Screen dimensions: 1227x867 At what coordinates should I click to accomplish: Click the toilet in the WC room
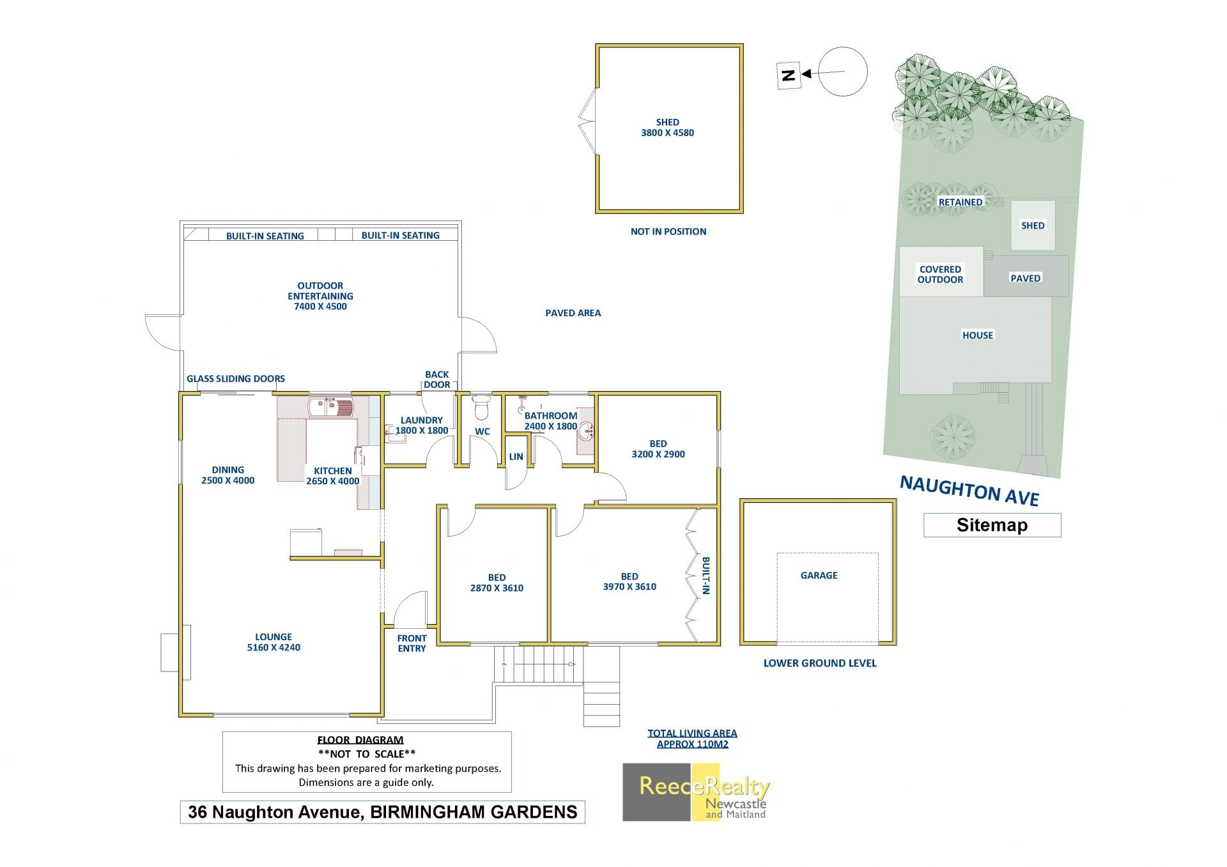pyautogui.click(x=481, y=404)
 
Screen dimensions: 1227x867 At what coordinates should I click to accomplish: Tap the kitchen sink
pyautogui.click(x=330, y=406)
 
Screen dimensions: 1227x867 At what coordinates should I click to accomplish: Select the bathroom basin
pyautogui.click(x=586, y=434)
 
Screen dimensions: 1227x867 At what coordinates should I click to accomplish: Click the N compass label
pyautogui.click(x=789, y=75)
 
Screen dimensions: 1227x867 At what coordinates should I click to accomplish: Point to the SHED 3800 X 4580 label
pyautogui.click(x=667, y=127)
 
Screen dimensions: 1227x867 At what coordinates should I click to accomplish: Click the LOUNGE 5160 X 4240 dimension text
pyautogui.click(x=274, y=642)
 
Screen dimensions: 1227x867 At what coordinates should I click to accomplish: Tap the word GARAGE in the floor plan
pyautogui.click(x=819, y=575)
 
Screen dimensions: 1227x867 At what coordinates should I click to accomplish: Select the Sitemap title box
pyautogui.click(x=992, y=525)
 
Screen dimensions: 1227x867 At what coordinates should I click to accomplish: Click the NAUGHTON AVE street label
pyautogui.click(x=969, y=491)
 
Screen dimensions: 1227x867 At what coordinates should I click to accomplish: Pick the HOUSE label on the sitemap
pyautogui.click(x=978, y=335)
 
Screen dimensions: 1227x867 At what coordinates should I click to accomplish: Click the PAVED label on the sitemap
pyautogui.click(x=1025, y=278)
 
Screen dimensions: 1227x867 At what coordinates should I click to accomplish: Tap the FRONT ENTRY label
pyautogui.click(x=412, y=643)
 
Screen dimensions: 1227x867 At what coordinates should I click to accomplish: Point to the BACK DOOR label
pyautogui.click(x=437, y=380)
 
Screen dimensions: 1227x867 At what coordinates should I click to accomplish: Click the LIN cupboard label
pyautogui.click(x=516, y=457)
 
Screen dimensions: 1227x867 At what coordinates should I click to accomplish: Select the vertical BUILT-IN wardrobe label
pyautogui.click(x=706, y=576)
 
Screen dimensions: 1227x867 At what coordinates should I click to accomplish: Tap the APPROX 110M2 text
pyautogui.click(x=692, y=744)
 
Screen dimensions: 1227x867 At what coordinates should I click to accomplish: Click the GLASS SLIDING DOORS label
pyautogui.click(x=236, y=379)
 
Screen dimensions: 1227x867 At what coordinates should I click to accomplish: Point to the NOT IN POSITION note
pyautogui.click(x=668, y=231)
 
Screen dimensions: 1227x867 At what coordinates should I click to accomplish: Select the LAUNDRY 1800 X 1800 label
pyautogui.click(x=421, y=426)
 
